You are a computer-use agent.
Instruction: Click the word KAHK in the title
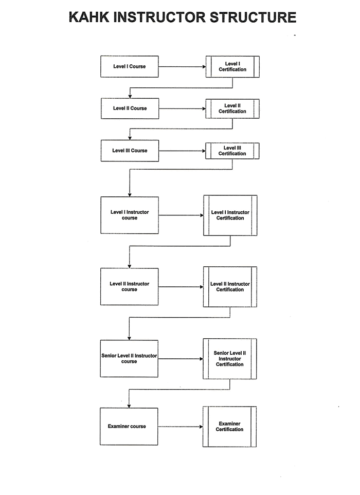click(x=89, y=17)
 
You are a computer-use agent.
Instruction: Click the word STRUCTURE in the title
click(x=253, y=17)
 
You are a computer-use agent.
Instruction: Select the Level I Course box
click(x=130, y=67)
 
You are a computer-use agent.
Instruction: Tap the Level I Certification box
click(x=232, y=67)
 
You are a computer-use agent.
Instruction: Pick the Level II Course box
click(x=130, y=108)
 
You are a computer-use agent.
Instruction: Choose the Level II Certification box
click(x=232, y=108)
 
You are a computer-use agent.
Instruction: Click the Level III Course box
click(x=130, y=151)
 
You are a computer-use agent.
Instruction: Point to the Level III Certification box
click(x=232, y=151)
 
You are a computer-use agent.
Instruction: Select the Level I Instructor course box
click(x=130, y=215)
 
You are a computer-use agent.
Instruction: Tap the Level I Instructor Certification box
click(x=230, y=215)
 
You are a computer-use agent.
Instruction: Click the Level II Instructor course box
click(x=129, y=287)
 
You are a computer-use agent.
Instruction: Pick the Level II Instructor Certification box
click(x=230, y=287)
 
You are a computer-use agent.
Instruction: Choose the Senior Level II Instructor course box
click(x=129, y=358)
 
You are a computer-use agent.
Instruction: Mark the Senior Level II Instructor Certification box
click(x=229, y=359)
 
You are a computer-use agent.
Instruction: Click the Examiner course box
click(x=129, y=427)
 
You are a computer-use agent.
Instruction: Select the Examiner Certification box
click(x=229, y=427)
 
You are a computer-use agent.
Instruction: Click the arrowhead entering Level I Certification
click(x=204, y=67)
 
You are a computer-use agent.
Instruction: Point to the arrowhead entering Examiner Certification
click(x=201, y=427)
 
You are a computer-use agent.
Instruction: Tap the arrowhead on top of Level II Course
click(x=130, y=96)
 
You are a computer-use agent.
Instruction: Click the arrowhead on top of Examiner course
click(x=129, y=406)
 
